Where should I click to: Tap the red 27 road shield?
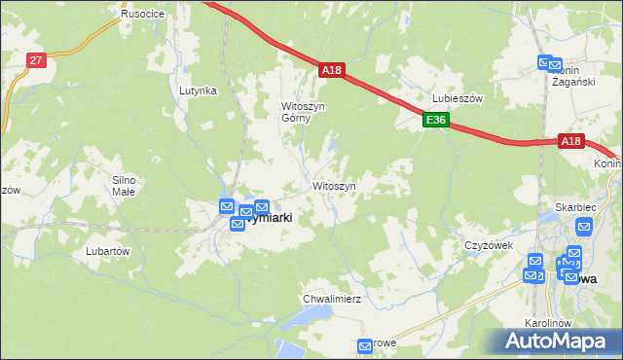[x=36, y=60]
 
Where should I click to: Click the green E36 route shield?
[x=435, y=121]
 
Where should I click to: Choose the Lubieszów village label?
[x=458, y=99]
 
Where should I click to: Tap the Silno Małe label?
[x=129, y=186]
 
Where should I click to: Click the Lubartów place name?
[x=107, y=250]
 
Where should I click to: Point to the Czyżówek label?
[x=488, y=245]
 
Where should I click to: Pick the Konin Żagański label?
[x=573, y=76]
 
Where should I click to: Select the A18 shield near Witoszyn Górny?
[x=332, y=70]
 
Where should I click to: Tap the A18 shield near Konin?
[x=571, y=141]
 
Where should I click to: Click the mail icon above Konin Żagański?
[x=546, y=63]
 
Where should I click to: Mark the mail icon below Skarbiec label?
[x=584, y=227]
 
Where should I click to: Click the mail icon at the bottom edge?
[x=366, y=346]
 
